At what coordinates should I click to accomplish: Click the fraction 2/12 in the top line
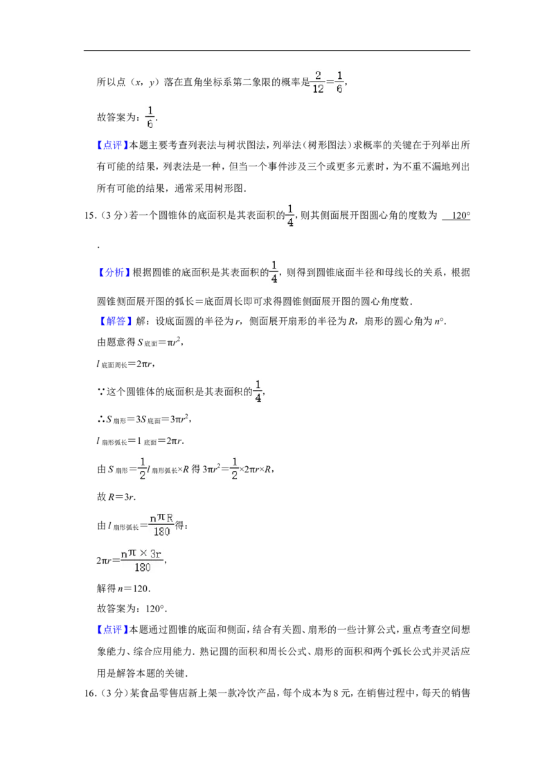point(318,82)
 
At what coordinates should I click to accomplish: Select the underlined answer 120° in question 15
point(456,215)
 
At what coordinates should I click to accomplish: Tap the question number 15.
point(89,216)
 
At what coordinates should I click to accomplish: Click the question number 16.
point(89,693)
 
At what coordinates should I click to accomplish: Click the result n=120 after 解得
point(134,589)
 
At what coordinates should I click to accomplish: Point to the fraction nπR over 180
point(161,525)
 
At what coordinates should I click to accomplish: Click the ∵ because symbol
point(100,392)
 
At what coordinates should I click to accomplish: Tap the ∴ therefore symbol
point(100,420)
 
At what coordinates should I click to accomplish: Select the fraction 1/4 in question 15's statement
point(290,215)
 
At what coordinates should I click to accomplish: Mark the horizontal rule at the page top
point(277,51)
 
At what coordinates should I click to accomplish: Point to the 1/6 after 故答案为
point(150,118)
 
